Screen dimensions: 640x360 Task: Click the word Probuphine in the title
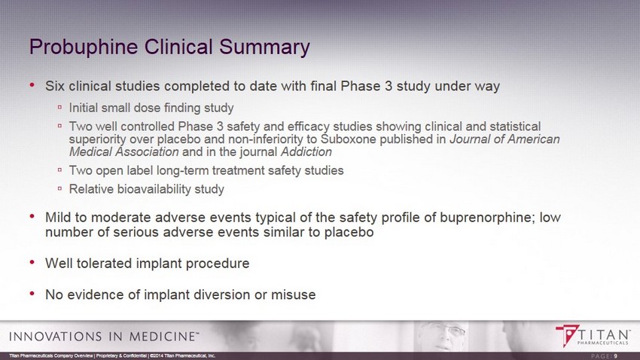pos(84,47)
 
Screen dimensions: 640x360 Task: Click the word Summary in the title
pos(264,47)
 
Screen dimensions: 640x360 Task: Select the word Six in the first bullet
pos(55,86)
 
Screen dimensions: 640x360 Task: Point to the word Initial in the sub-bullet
pos(84,108)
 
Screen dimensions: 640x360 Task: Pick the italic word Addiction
pos(306,152)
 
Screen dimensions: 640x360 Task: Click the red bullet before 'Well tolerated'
pos(32,262)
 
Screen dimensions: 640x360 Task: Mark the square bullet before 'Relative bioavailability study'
pos(59,188)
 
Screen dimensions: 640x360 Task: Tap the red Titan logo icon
pos(567,335)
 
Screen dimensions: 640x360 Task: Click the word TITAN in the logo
pos(603,334)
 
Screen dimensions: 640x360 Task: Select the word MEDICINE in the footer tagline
pos(162,337)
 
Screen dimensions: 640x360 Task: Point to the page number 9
pos(615,356)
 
